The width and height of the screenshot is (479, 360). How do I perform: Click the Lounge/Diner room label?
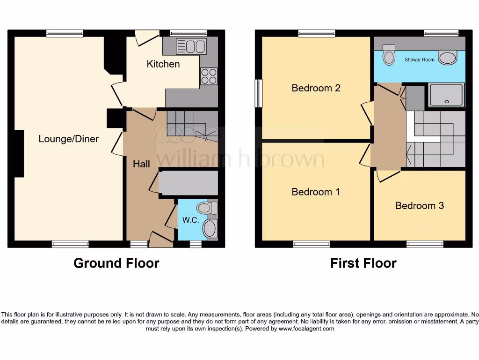[x=69, y=139]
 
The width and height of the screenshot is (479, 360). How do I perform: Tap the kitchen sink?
[x=191, y=47]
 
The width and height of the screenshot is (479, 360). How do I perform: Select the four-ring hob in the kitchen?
[x=209, y=76]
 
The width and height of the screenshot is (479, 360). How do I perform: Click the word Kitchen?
[x=163, y=64]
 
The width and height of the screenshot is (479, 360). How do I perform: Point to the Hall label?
[x=141, y=164]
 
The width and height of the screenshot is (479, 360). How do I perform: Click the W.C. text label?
[x=191, y=220]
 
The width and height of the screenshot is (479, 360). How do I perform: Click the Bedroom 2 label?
[x=316, y=88]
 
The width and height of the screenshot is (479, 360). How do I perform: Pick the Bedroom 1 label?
[x=316, y=192]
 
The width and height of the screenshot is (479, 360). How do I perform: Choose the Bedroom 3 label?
[x=420, y=205]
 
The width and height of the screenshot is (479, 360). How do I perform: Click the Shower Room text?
[x=420, y=60]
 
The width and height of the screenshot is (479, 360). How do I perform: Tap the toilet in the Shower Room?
[x=389, y=56]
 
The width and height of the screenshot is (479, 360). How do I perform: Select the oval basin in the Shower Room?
[x=448, y=58]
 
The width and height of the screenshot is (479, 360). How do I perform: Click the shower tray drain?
[x=447, y=101]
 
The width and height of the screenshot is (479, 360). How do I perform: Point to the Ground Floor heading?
[x=116, y=263]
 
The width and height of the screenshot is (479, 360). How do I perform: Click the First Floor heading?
[x=363, y=263]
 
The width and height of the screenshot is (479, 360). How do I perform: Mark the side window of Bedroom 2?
[x=258, y=93]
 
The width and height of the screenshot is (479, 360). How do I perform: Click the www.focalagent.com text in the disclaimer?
[x=306, y=329]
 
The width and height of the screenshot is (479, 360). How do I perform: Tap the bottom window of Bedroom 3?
[x=425, y=244]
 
